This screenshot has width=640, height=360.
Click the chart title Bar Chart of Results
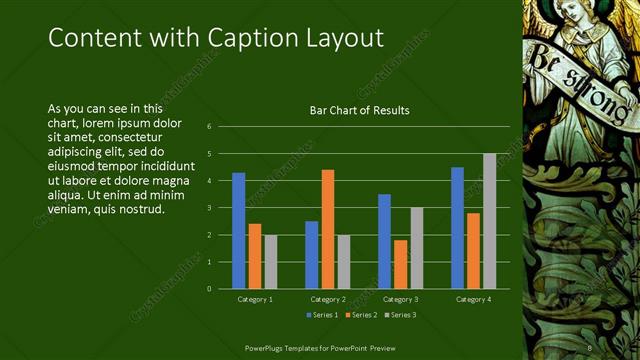[x=359, y=110]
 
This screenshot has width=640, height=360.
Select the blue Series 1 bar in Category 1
[x=239, y=230]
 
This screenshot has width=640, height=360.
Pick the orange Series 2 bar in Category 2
[x=327, y=229]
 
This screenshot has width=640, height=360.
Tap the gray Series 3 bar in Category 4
[x=489, y=221]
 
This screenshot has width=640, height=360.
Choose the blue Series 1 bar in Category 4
[x=457, y=228]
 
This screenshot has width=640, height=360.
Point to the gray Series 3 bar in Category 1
[x=270, y=261]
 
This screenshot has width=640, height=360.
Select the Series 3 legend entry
[x=401, y=315]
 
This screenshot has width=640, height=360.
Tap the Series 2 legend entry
[x=361, y=315]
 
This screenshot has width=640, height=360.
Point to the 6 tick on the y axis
[x=210, y=127]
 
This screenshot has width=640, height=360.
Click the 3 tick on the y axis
[x=210, y=208]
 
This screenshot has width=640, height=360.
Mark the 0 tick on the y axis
[x=210, y=289]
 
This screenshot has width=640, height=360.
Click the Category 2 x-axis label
[x=327, y=299]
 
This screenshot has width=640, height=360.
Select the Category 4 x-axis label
[x=473, y=299]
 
